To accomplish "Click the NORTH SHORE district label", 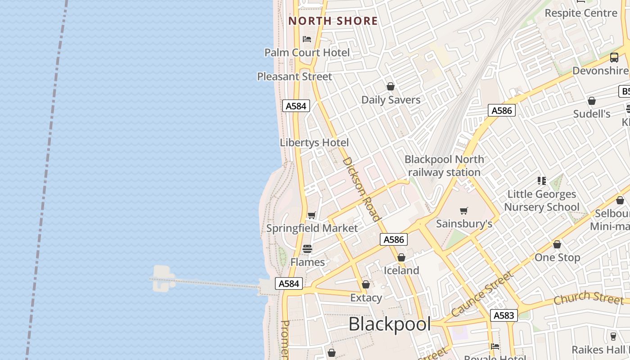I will [333, 21].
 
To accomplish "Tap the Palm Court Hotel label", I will [307, 53].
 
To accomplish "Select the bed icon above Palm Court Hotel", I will [307, 39].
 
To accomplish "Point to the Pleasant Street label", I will [294, 76].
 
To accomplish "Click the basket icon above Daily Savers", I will [391, 86].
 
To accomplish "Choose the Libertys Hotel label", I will [314, 143].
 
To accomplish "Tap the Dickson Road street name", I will [361, 189].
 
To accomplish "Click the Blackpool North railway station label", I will [444, 166].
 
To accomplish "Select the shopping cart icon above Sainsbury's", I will [464, 211].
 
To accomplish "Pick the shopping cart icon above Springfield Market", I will [312, 215].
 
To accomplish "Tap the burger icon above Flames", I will [307, 249].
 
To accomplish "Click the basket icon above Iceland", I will [401, 257].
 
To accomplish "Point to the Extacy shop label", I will [366, 297].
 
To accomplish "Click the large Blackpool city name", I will [390, 324].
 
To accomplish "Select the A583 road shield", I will [504, 315].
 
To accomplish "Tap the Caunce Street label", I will [482, 294].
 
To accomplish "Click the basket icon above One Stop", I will [557, 244].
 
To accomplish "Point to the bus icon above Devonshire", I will [614, 58].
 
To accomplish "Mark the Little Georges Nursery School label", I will [541, 201].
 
